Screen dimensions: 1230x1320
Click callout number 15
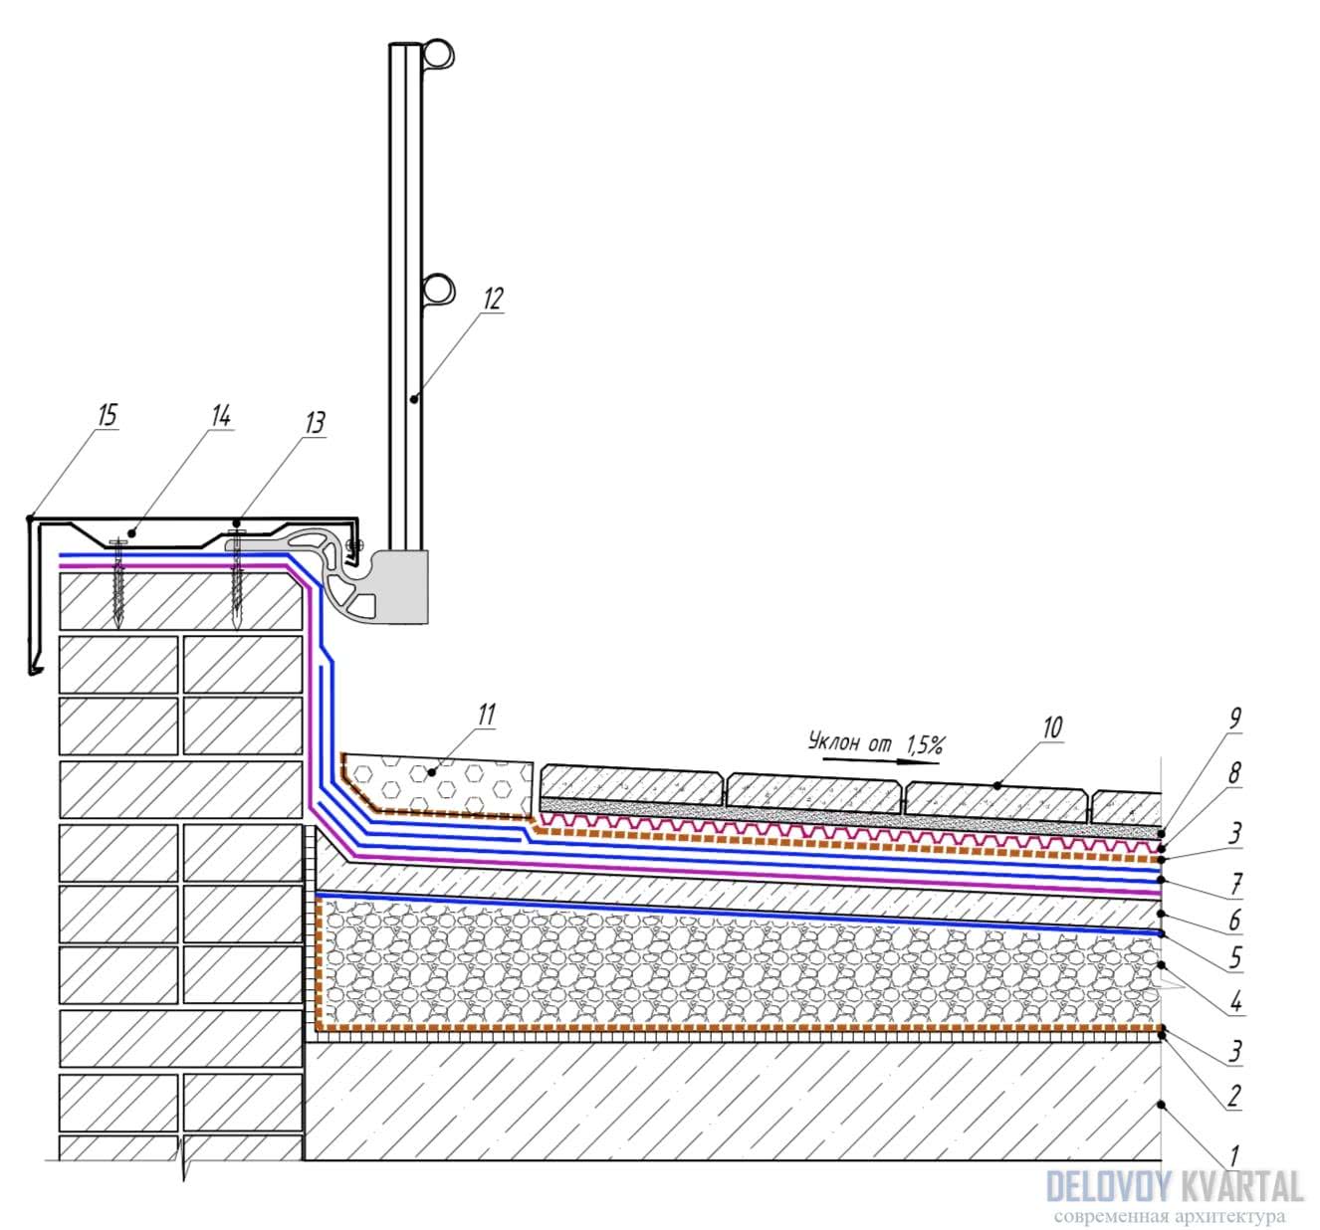[x=107, y=415]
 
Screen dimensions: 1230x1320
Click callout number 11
[x=486, y=715]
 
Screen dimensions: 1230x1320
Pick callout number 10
[x=1052, y=728]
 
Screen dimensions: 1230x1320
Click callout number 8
[x=1234, y=773]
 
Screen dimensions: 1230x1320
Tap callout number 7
[x=1234, y=881]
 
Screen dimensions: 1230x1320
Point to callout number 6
[x=1234, y=920]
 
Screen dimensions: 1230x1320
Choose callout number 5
[x=1234, y=957]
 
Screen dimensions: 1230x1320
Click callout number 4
[x=1234, y=1000]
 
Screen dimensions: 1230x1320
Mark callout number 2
[x=1234, y=1097]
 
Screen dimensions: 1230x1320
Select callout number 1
[x=1234, y=1156]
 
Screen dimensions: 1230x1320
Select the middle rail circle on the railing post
[x=438, y=289]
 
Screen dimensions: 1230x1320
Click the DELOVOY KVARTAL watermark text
[x=1175, y=1186]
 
